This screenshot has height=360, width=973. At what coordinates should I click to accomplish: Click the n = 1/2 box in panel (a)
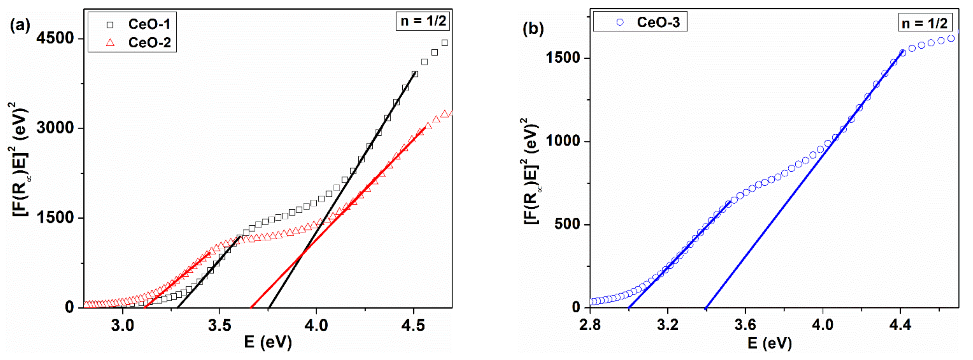point(423,21)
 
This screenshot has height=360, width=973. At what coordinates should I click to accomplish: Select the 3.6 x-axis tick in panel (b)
point(745,325)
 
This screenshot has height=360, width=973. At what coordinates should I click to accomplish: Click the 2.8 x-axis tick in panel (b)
point(590,325)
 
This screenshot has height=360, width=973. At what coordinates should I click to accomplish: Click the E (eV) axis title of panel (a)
point(268,342)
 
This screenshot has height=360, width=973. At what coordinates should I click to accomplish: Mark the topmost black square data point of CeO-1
point(445,43)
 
